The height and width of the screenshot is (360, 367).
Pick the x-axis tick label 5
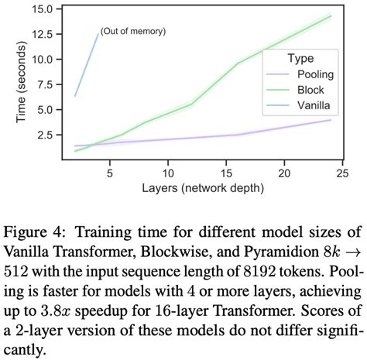(x=109, y=173)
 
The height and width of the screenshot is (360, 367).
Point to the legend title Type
(x=300, y=58)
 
